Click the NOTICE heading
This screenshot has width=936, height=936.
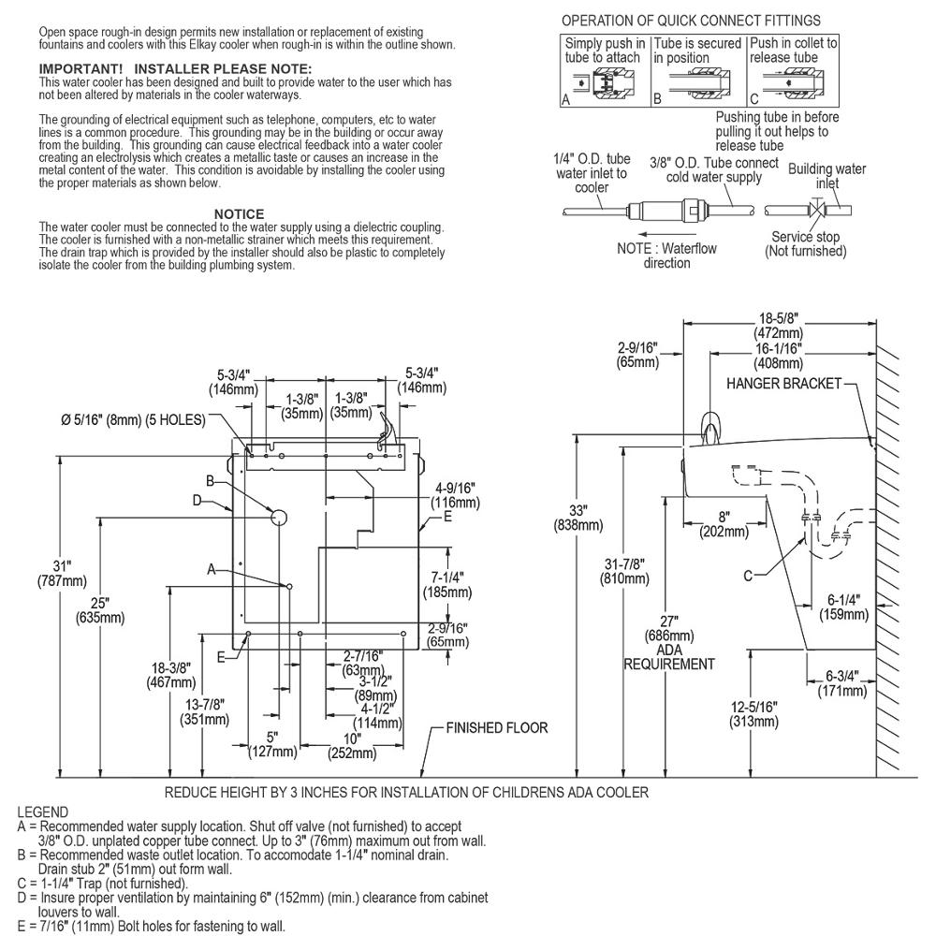click(x=239, y=213)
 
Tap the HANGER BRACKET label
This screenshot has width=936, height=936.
click(x=783, y=383)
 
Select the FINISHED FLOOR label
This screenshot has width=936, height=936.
click(x=497, y=727)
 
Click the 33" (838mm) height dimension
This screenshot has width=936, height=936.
click(x=578, y=518)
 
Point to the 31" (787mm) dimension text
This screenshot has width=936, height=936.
click(x=62, y=573)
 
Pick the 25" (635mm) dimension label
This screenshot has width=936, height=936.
click(x=100, y=610)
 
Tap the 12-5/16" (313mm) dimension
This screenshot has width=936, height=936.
click(x=753, y=714)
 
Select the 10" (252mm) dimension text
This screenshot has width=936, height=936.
click(x=352, y=746)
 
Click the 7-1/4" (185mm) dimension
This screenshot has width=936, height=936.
click(x=447, y=585)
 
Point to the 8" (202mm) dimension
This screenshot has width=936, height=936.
click(x=724, y=524)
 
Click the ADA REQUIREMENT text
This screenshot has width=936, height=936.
click(x=669, y=657)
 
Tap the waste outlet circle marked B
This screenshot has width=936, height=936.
click(x=279, y=518)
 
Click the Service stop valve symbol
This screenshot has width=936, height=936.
click(x=816, y=210)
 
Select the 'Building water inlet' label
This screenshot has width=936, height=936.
click(x=826, y=176)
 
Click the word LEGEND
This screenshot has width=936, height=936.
click(x=42, y=812)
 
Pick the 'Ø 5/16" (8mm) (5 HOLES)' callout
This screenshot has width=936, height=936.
click(x=133, y=420)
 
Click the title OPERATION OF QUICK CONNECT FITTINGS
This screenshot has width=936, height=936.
click(x=691, y=21)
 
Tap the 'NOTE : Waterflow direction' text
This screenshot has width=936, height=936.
click(x=666, y=256)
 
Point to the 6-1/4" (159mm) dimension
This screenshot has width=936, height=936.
click(x=843, y=607)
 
